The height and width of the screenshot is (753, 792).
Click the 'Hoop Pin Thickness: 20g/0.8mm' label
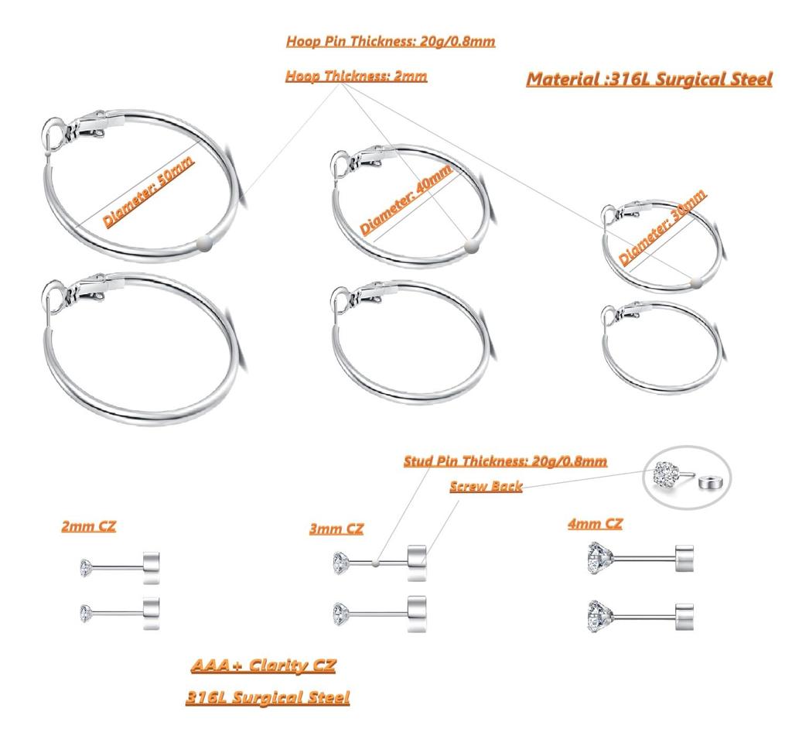390,42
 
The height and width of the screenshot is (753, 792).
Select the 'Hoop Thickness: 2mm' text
356,77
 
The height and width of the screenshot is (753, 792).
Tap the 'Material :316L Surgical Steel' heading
649,79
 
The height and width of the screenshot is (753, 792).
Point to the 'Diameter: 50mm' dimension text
148,190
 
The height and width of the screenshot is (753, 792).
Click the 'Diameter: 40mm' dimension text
407,199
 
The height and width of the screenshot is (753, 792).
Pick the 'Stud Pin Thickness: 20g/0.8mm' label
505,461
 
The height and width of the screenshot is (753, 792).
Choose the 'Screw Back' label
486,487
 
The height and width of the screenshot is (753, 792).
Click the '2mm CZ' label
88,526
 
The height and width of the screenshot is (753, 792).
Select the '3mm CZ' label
336,529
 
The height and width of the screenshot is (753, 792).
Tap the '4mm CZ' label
595,524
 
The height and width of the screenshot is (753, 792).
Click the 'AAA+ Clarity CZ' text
263,666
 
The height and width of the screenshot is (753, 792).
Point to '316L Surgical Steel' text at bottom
267,697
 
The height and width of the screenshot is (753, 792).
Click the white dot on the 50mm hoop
203,242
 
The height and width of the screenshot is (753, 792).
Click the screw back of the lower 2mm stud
152,612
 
